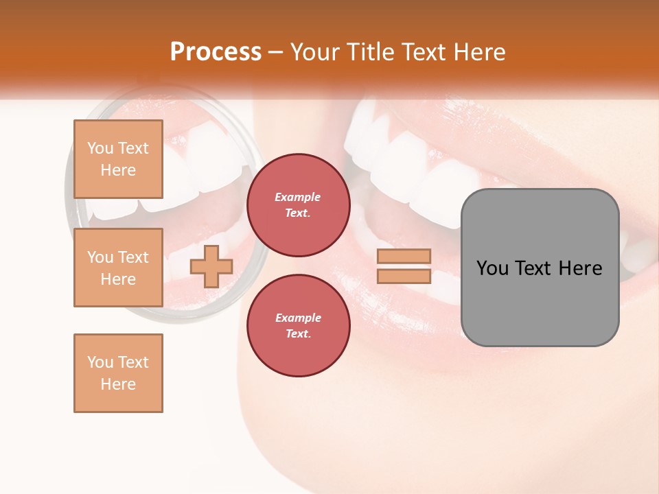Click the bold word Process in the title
click(216, 52)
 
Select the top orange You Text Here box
click(118, 159)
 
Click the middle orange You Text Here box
click(118, 268)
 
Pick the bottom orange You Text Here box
click(118, 373)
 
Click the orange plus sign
click(211, 266)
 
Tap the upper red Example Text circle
click(298, 205)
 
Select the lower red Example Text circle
click(298, 326)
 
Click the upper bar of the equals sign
click(404, 256)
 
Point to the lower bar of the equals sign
click(404, 277)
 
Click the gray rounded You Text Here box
click(540, 268)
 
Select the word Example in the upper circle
click(298, 197)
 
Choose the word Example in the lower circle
click(298, 318)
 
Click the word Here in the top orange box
click(118, 170)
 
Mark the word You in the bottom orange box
click(101, 362)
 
